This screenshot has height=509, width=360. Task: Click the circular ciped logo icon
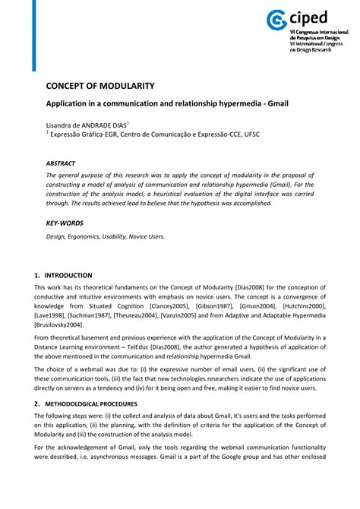276,21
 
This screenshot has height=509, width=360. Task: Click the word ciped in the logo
311,18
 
